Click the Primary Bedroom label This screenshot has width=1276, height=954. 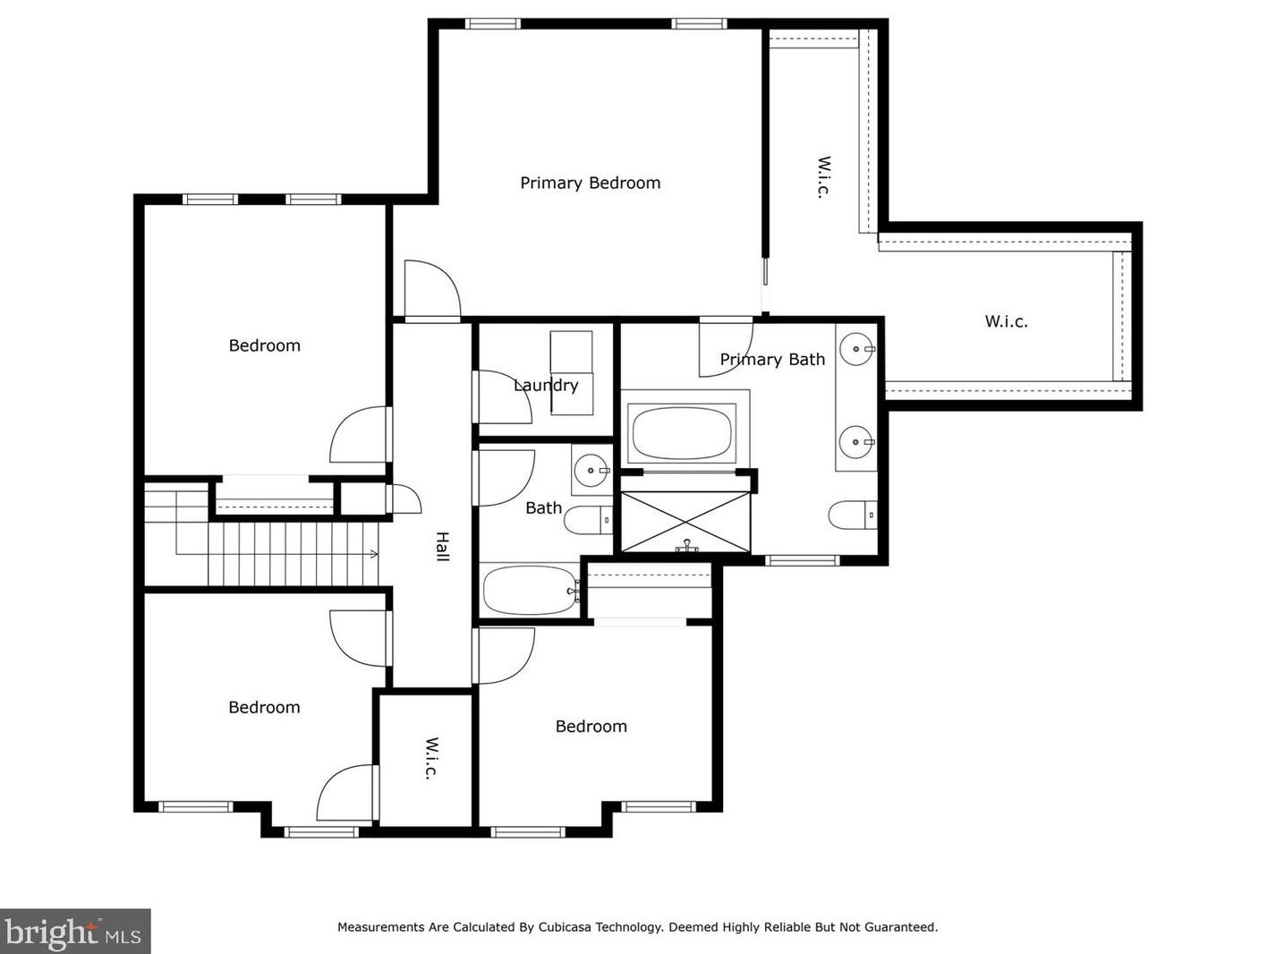pos(590,183)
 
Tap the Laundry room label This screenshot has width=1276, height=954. pos(546,385)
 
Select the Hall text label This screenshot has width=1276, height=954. pos(442,546)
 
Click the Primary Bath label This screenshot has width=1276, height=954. pos(772,359)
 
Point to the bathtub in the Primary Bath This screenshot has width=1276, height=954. pos(683,433)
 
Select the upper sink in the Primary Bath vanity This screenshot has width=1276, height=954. pos(858,349)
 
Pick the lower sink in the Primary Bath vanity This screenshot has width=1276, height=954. pos(857,442)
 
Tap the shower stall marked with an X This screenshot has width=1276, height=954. pos(685,522)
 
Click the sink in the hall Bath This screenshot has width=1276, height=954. pos(591,470)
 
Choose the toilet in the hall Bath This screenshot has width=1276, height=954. pos(586,519)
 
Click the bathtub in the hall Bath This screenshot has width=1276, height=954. pos(531,591)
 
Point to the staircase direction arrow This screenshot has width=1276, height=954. pos(373,554)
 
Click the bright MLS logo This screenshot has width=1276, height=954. pos(74,932)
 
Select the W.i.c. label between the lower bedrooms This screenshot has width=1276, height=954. pos(430,759)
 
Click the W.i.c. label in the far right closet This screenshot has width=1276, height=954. pos(1006,321)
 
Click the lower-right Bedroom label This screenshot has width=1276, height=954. pos(591,726)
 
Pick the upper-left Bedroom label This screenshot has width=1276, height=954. pos(264,345)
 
